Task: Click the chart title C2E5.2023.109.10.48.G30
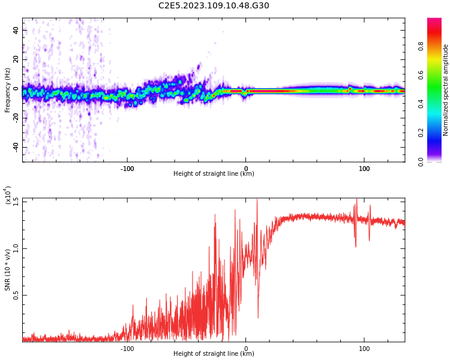coord(214,6)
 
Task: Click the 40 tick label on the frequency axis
coord(16,30)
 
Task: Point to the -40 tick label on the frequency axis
coord(15,147)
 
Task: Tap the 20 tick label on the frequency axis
coord(16,59)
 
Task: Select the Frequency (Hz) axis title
coord(8,90)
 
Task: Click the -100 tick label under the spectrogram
coord(127,169)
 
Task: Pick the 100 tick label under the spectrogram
coord(364,169)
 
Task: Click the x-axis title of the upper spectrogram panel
coord(214,174)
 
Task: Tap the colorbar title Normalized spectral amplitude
coord(446,90)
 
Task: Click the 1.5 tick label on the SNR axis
coord(15,201)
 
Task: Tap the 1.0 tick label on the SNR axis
coord(15,248)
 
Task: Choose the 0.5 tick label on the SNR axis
coord(15,295)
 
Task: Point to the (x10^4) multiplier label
coord(8,196)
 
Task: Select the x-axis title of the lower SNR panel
coord(214,354)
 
